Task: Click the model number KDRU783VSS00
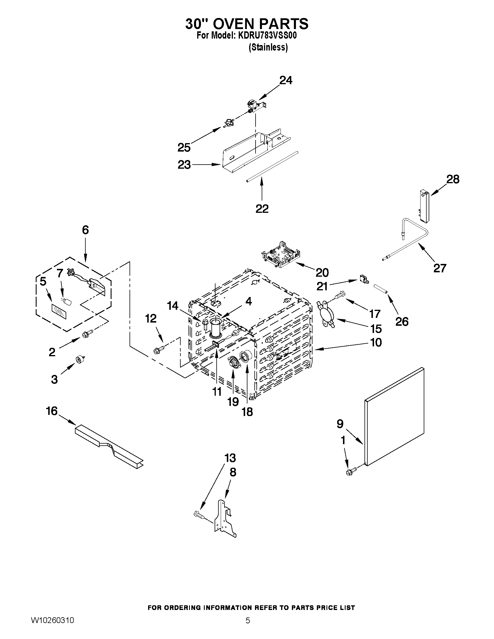tap(267, 36)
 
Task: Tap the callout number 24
tap(286, 80)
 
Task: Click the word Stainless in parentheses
tap(268, 47)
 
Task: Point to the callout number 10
tap(376, 343)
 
